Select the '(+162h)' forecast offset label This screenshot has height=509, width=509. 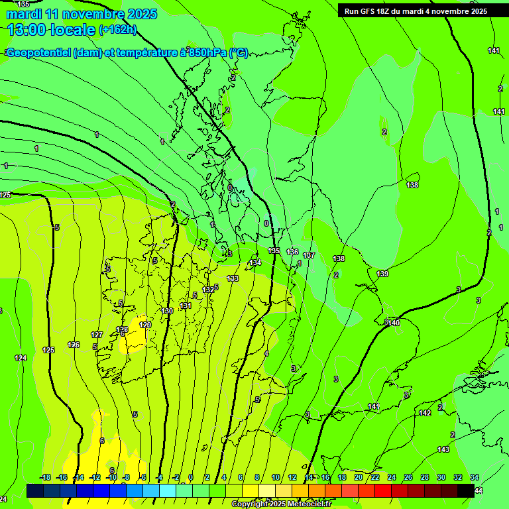[x=117, y=29]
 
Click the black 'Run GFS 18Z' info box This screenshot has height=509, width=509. [x=416, y=11]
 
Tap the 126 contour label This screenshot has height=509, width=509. [x=74, y=345]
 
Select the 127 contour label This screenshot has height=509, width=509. [x=97, y=335]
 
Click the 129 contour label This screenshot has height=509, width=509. [x=145, y=324]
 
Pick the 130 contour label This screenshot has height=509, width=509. [x=167, y=311]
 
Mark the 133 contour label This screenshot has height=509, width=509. [x=233, y=278]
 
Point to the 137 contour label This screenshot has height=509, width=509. [x=309, y=255]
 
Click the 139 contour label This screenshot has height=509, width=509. [x=382, y=274]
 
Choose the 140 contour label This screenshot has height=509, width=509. [x=394, y=323]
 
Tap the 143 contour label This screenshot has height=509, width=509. [x=443, y=449]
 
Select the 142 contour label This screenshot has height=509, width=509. [x=425, y=413]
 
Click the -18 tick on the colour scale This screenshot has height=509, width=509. [x=45, y=477]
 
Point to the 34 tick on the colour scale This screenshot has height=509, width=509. [x=475, y=477]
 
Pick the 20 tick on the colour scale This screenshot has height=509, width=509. [x=358, y=477]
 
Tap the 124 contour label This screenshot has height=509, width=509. [x=21, y=358]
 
